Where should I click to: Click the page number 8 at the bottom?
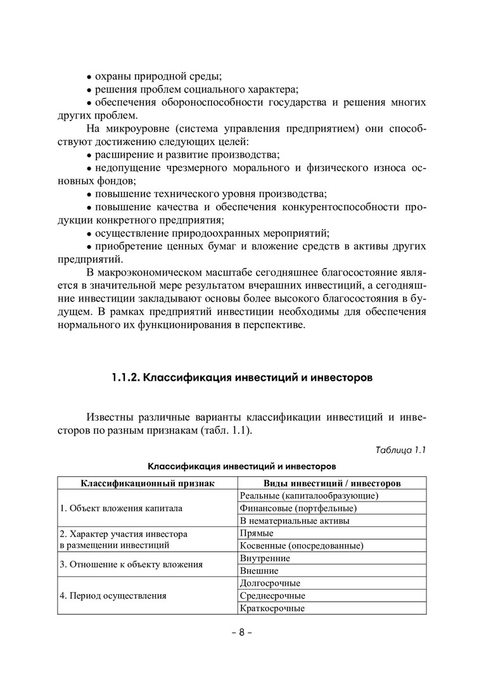(x=241, y=634)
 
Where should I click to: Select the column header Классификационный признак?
(x=147, y=483)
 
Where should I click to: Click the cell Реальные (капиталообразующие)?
(x=309, y=495)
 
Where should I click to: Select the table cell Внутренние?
(x=265, y=558)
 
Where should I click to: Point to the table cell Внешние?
(x=259, y=571)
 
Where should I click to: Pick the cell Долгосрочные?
(x=270, y=583)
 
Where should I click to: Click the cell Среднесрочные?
(x=272, y=596)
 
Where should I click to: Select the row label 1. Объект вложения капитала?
(x=121, y=508)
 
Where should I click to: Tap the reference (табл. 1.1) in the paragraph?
(x=226, y=431)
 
